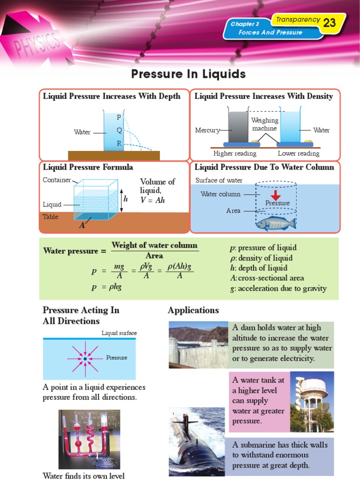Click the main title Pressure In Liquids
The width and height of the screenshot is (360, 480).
(x=188, y=74)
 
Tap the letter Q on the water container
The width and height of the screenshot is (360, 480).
(x=119, y=130)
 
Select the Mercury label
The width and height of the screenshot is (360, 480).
(x=207, y=130)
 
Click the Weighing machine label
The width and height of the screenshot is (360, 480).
(x=264, y=124)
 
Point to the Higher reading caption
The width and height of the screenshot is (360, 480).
(x=235, y=153)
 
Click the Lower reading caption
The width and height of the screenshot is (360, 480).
(x=299, y=153)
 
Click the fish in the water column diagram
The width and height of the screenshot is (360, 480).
(x=276, y=223)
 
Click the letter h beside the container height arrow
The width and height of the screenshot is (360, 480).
(x=126, y=199)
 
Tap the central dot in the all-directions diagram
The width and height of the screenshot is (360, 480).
(x=85, y=359)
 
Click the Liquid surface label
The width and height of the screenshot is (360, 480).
(x=119, y=333)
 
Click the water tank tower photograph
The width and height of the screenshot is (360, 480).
(x=312, y=402)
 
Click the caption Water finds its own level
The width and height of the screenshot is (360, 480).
(x=84, y=476)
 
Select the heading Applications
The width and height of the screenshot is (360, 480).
(x=193, y=310)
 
